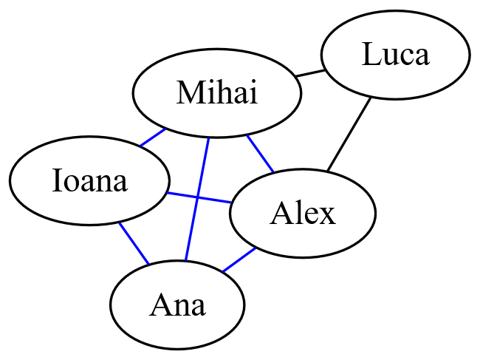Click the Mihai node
coord(216,94)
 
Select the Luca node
coord(395,55)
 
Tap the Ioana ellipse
coord(89,180)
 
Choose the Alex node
coord(302,214)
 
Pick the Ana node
coord(177,305)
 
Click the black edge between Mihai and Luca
coord(309,73)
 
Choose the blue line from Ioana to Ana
coord(134,243)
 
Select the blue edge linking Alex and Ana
coord(239,259)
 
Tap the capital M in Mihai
coord(186,94)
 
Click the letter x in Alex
coord(327,214)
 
